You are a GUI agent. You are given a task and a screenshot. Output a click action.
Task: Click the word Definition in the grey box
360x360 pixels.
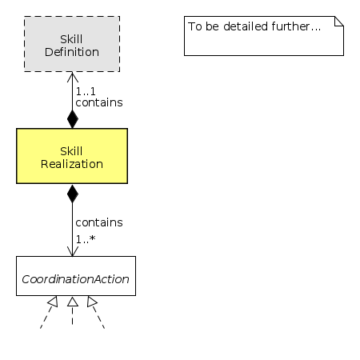tap(72, 52)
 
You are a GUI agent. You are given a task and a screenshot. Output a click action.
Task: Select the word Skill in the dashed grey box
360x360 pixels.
tap(72, 39)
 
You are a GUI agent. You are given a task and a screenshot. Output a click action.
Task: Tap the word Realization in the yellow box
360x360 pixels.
tap(72, 164)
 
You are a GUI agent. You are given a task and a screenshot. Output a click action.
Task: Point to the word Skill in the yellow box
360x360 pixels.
tap(72, 150)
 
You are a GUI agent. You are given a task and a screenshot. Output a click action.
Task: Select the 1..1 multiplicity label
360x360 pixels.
tap(86, 91)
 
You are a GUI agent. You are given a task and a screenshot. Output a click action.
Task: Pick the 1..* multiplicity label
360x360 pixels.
tap(86, 238)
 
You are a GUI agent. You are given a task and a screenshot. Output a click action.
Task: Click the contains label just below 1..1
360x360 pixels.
tap(98, 103)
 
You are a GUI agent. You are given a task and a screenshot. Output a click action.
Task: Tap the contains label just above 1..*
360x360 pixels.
tap(98, 222)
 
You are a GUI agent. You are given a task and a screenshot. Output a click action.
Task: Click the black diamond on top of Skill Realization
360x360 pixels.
tap(72, 119)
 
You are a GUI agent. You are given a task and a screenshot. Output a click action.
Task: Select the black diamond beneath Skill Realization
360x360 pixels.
tap(72, 193)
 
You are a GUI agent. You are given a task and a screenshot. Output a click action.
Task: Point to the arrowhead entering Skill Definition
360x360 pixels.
tap(72, 78)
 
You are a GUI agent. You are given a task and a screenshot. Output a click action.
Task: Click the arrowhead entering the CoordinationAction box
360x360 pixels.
tap(72, 251)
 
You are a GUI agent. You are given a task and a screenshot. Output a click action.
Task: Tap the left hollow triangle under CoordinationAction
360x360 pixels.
tap(52, 302)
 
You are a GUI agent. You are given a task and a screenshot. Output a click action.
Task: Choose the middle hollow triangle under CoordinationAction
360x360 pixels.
tap(72, 302)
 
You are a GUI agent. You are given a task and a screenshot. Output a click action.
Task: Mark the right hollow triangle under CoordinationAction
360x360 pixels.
tap(92, 302)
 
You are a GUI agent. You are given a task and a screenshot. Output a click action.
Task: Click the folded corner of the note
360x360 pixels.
tap(338, 22)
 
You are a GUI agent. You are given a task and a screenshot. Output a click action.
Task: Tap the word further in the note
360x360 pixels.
tap(294, 26)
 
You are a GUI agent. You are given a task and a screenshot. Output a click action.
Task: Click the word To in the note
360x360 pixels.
tap(194, 26)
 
